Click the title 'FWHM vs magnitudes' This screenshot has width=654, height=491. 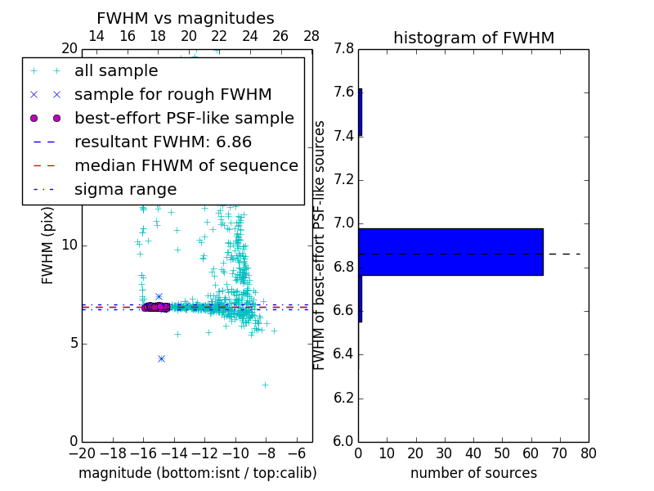[x=186, y=18]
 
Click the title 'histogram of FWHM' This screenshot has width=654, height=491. [x=473, y=38]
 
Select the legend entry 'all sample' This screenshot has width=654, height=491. [x=116, y=71]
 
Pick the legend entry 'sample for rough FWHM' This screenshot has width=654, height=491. [x=172, y=95]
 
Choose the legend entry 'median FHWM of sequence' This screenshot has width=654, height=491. [x=186, y=166]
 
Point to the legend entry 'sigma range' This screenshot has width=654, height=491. [x=125, y=190]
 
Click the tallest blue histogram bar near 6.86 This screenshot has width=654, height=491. [x=450, y=251]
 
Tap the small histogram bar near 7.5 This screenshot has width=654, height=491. [x=360, y=111]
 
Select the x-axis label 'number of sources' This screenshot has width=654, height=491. [x=473, y=473]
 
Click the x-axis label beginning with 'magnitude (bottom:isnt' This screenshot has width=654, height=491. [x=197, y=473]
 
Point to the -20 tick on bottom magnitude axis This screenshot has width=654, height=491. [x=82, y=453]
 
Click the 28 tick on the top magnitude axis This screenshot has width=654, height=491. [x=311, y=36]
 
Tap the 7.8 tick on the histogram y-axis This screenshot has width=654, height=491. [x=343, y=49]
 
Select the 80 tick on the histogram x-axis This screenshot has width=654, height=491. [x=588, y=453]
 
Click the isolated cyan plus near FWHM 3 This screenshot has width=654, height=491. [x=265, y=384]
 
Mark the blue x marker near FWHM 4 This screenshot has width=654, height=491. [x=161, y=358]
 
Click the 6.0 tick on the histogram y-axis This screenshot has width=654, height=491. [x=343, y=442]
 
